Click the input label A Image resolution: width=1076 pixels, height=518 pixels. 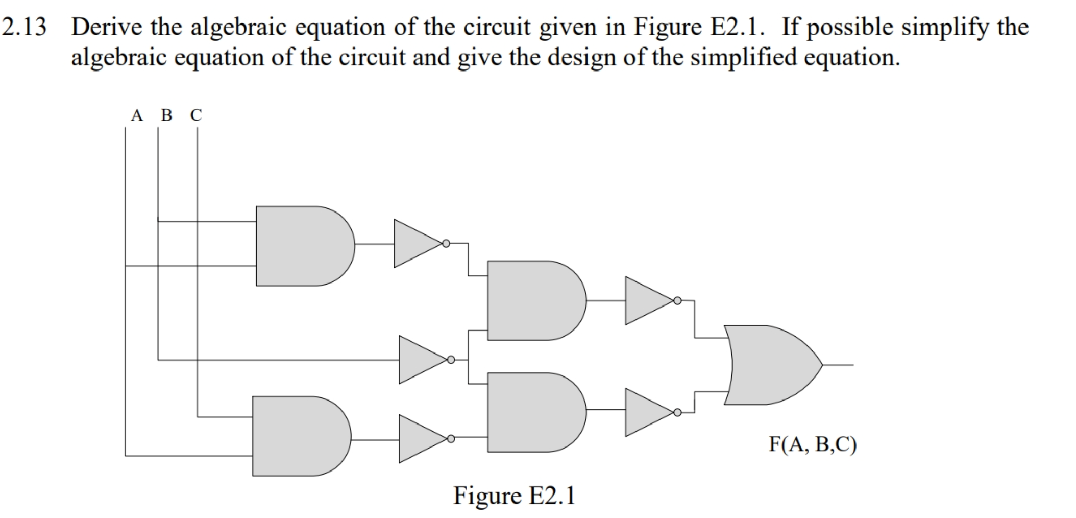(x=136, y=115)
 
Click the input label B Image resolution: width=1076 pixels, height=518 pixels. (x=167, y=115)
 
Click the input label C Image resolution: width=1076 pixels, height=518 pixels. (x=196, y=115)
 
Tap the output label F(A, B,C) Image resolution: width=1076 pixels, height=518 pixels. (x=813, y=444)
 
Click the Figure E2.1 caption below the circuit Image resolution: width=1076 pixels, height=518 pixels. (x=514, y=495)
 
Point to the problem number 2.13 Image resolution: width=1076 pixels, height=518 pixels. (x=24, y=27)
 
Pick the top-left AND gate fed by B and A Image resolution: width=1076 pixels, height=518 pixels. (x=301, y=246)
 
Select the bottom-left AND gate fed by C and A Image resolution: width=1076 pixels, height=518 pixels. (x=298, y=436)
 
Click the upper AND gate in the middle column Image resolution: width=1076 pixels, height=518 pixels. (x=533, y=300)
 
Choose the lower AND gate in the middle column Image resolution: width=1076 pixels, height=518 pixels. (x=533, y=412)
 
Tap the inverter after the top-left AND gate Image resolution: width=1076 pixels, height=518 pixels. (x=416, y=244)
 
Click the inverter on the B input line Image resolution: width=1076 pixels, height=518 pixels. (x=421, y=360)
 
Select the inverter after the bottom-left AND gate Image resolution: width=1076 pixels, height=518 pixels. (x=421, y=438)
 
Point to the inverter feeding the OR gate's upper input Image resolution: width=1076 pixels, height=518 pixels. (x=647, y=300)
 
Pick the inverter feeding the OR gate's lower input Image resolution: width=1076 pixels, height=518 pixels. (x=647, y=412)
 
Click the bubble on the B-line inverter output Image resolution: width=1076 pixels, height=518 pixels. (x=451, y=360)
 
